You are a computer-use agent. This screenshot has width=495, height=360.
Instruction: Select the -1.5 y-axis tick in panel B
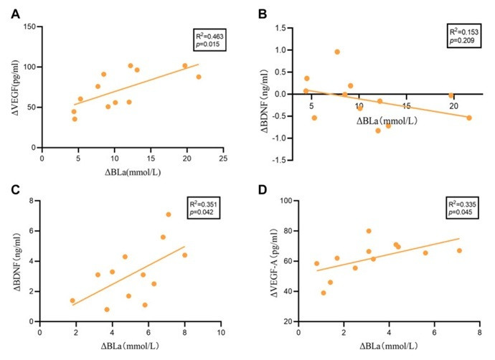click(x=284, y=159)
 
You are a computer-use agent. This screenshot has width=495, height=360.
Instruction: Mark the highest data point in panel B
click(x=337, y=52)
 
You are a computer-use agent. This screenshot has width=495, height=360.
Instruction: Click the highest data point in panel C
click(x=169, y=214)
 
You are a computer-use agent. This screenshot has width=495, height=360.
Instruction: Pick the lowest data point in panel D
click(x=324, y=293)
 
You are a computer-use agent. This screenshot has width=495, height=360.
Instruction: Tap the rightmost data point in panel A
click(x=199, y=77)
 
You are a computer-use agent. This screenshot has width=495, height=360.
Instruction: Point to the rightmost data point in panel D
click(x=459, y=250)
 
